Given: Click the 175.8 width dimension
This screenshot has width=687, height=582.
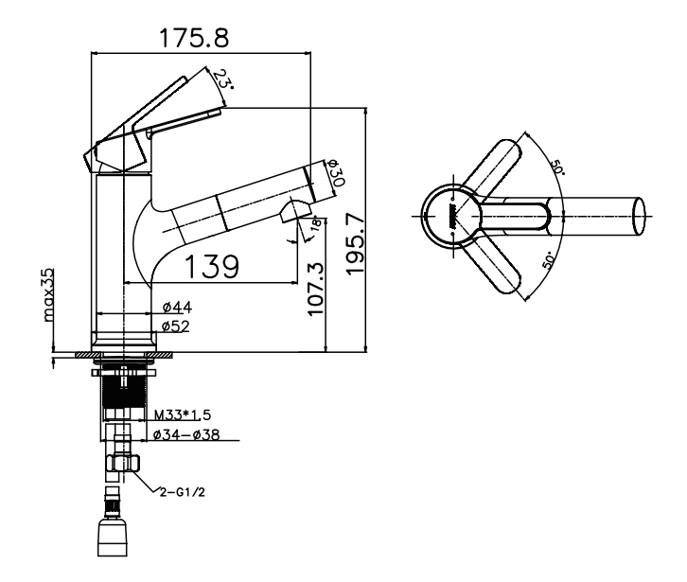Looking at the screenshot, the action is click(194, 38).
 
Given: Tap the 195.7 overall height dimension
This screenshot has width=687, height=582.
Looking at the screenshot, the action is click(356, 243).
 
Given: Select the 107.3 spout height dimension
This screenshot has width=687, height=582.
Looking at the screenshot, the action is click(315, 289).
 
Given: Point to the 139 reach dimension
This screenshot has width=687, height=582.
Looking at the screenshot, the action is click(212, 266).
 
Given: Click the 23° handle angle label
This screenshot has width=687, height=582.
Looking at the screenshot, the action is click(223, 79).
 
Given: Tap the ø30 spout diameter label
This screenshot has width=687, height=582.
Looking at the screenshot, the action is click(335, 172).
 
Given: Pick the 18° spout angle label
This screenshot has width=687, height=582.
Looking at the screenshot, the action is click(316, 222).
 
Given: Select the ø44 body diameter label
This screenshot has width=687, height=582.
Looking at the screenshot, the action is click(177, 308).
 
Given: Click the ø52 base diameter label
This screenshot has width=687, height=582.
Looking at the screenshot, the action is click(176, 326).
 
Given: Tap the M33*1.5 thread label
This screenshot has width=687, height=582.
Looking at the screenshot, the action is click(183, 414).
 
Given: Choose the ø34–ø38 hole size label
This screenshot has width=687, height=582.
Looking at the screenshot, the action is click(186, 434).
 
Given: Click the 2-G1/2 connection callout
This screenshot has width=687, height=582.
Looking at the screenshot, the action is click(183, 492).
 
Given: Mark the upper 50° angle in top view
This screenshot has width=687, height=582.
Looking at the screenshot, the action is click(557, 167).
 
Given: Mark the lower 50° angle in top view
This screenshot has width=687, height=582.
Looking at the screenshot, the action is click(548, 260).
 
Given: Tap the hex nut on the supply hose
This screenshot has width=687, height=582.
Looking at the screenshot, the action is click(123, 463).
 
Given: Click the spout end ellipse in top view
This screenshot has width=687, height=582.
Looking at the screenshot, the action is click(639, 216).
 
